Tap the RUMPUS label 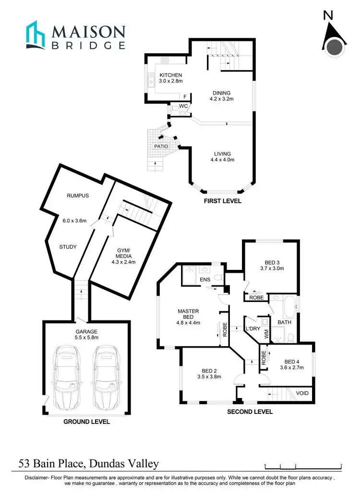pos(78,196)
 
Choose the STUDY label pos(68,247)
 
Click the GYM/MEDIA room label pos(123,254)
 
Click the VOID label pos(302,393)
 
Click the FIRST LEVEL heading pos(222,201)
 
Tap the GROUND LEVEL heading pos(87,422)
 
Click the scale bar pos(303,465)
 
